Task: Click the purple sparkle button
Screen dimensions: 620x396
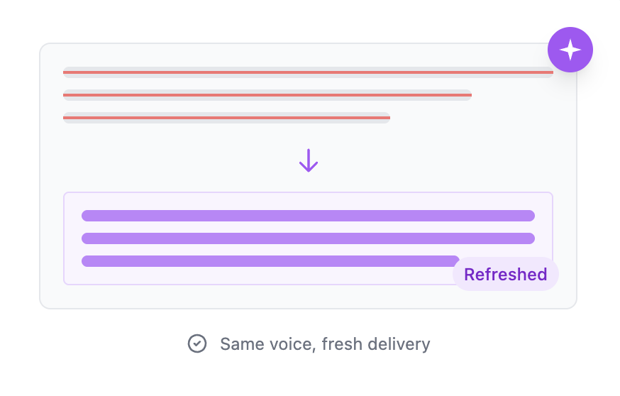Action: click(570, 50)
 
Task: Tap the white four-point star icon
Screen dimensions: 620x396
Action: click(570, 50)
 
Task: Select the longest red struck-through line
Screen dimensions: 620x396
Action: click(308, 72)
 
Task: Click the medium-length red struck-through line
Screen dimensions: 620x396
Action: click(267, 94)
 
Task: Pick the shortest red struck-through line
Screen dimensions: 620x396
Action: click(226, 117)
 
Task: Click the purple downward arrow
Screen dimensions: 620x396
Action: click(308, 160)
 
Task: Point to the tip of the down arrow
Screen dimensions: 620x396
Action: click(308, 171)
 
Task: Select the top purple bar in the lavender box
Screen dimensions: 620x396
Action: click(308, 216)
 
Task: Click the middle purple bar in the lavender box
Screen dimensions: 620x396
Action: click(308, 238)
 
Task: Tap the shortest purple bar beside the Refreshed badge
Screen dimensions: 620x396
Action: click(270, 261)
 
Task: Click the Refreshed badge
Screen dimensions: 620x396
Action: click(505, 275)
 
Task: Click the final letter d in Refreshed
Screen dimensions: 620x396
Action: click(542, 275)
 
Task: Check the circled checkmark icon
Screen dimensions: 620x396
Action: click(196, 344)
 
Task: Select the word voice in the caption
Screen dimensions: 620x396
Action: click(288, 345)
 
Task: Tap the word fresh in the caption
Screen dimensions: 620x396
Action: click(341, 345)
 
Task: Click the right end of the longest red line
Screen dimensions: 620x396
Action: click(551, 72)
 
